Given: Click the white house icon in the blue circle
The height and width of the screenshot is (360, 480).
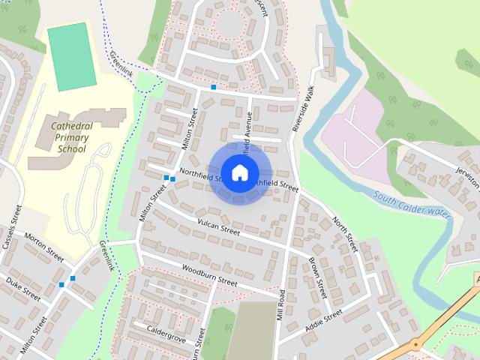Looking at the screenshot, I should click(239, 172).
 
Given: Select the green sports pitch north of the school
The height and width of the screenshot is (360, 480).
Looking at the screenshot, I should click(72, 57).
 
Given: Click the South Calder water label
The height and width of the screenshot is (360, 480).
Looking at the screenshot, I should click(411, 204).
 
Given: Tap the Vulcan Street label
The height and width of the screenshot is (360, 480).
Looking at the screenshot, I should click(218, 228).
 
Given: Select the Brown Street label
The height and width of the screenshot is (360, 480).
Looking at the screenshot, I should click(318, 278).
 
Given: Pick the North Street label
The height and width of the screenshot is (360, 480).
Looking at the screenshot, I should click(344, 233).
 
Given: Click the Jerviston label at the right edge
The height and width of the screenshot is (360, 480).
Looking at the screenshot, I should click(467, 177).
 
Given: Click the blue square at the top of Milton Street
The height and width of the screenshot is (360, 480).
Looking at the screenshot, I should click(213, 88).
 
